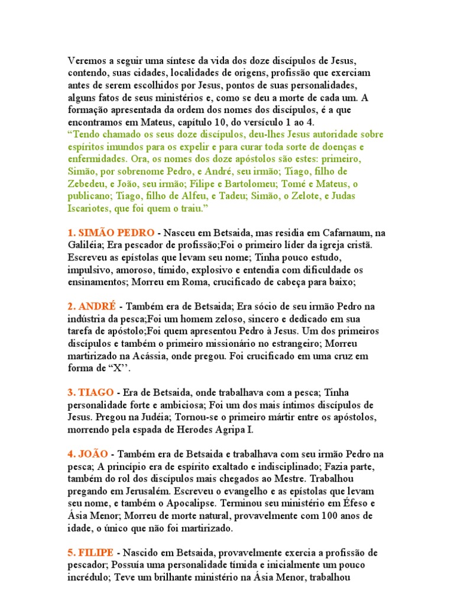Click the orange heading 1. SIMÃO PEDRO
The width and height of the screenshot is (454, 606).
pyautogui.click(x=111, y=233)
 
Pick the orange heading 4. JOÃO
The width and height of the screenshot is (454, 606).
pyautogui.click(x=88, y=454)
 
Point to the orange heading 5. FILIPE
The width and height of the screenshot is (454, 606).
pyautogui.click(x=92, y=553)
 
